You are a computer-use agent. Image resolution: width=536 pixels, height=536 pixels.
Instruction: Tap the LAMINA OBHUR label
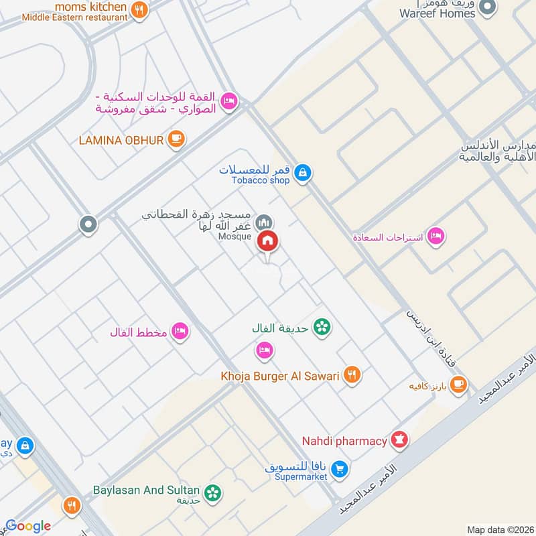tap(121, 139)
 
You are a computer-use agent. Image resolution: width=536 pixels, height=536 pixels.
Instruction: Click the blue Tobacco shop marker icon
tap(304, 172)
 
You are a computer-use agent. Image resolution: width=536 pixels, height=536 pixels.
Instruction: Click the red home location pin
tap(268, 241)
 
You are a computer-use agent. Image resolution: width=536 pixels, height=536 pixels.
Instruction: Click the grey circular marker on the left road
tap(88, 225)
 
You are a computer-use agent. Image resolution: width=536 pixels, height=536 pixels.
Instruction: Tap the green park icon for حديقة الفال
tap(322, 328)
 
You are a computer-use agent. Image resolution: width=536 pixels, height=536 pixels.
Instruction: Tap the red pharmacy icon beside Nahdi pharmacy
tap(400, 440)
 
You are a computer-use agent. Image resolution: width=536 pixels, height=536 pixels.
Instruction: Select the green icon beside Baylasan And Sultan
tap(213, 493)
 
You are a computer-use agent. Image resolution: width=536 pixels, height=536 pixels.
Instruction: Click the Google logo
tap(29, 526)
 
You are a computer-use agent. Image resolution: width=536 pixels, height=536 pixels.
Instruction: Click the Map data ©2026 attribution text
tap(499, 529)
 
